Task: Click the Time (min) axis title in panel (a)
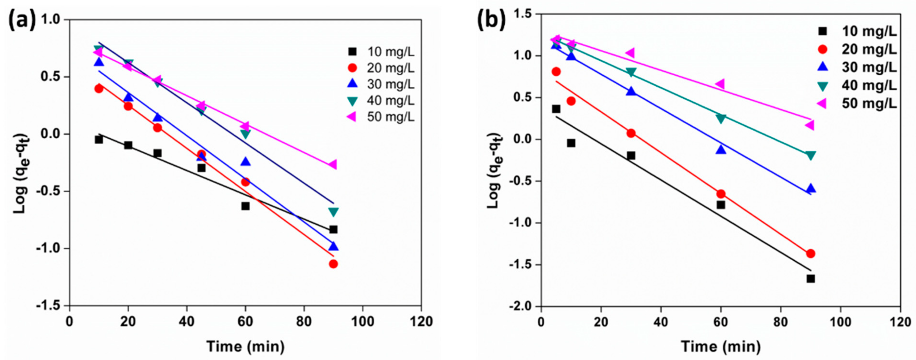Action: [x=245, y=346]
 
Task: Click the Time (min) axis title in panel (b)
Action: [x=721, y=346]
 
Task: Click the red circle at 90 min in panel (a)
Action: [x=333, y=264]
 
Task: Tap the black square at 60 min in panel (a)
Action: [x=245, y=206]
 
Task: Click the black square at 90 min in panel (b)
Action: [x=810, y=278]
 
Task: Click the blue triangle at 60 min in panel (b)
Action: [x=721, y=150]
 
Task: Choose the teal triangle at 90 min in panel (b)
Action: [x=810, y=155]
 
